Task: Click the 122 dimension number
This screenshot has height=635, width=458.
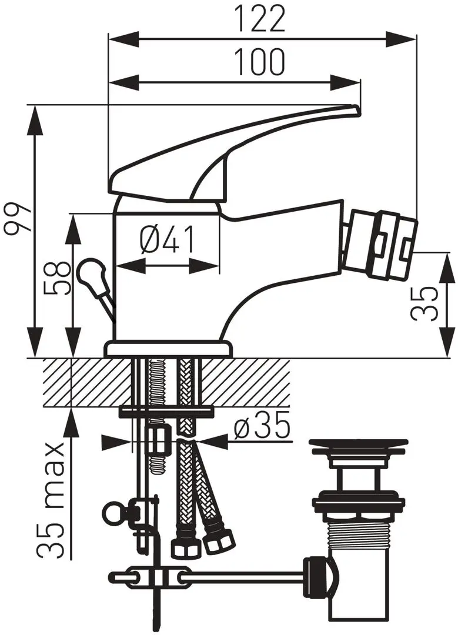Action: (x=260, y=19)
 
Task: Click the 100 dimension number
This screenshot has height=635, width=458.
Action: (x=260, y=62)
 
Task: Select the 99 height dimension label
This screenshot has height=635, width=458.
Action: (x=17, y=218)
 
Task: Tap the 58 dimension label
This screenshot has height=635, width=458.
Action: (x=56, y=279)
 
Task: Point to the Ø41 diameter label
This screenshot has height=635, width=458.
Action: (x=168, y=240)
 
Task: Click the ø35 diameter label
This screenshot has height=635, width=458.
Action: (x=263, y=426)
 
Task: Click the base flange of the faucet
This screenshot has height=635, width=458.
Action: (x=169, y=349)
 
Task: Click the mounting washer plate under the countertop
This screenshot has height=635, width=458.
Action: (x=166, y=412)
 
